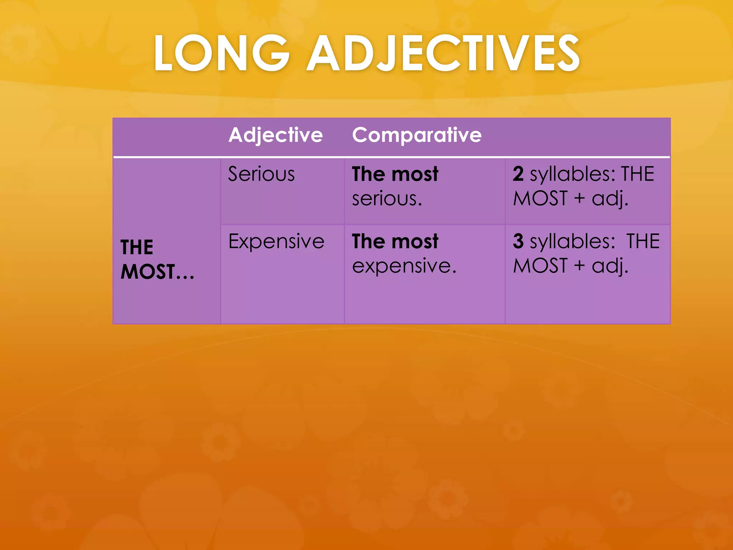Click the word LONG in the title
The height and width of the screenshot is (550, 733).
pyautogui.click(x=221, y=53)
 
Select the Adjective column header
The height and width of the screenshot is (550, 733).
pyautogui.click(x=276, y=135)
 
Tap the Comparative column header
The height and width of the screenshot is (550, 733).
pyautogui.click(x=417, y=135)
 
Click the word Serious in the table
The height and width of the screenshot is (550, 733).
pyautogui.click(x=261, y=174)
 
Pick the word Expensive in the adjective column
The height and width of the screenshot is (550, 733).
pyautogui.click(x=276, y=241)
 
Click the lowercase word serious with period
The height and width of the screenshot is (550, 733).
pyautogui.click(x=387, y=199)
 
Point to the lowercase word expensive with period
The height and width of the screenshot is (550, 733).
pyautogui.click(x=404, y=266)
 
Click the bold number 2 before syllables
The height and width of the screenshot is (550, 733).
pyautogui.click(x=518, y=174)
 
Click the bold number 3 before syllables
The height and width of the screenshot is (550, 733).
pyautogui.click(x=518, y=241)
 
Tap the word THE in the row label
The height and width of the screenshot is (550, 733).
pyautogui.click(x=137, y=247)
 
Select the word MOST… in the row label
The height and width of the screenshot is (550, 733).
pyautogui.click(x=157, y=272)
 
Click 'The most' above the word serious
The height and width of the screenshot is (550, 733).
pyautogui.click(x=395, y=174)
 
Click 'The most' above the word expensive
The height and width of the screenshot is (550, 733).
pyautogui.click(x=395, y=241)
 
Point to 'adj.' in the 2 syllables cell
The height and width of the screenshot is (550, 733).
pyautogui.click(x=610, y=199)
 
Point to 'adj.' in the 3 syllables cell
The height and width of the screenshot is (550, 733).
pyautogui.click(x=610, y=266)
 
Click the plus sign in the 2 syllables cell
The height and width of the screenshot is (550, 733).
pyautogui.click(x=579, y=199)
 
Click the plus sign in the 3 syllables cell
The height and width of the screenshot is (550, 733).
pyautogui.click(x=579, y=266)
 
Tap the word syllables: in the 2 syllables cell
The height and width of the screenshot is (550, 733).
pyautogui.click(x=572, y=175)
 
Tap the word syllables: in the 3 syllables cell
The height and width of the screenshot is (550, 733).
pyautogui.click(x=572, y=242)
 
